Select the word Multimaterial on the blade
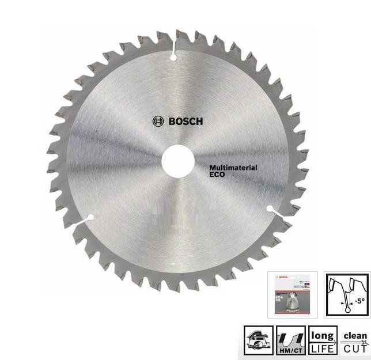[x=233, y=168]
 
